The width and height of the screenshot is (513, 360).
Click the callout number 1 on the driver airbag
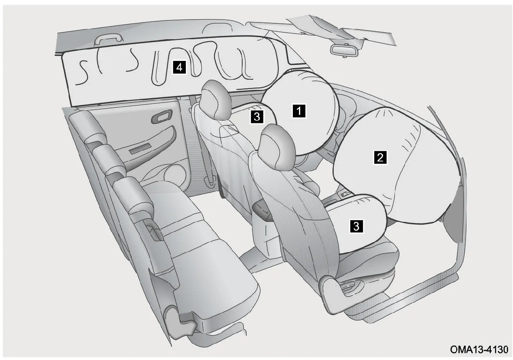coord(299,111)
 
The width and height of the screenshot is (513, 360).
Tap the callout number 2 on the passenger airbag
coord(380,157)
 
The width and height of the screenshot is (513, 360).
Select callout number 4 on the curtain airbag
coord(179,67)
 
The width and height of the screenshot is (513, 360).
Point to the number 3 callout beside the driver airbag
coord(257,116)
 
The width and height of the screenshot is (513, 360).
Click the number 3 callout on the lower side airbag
coord(356,226)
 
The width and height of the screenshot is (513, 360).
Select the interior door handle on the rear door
coord(161,116)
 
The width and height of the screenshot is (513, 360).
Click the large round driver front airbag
coord(300,112)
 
